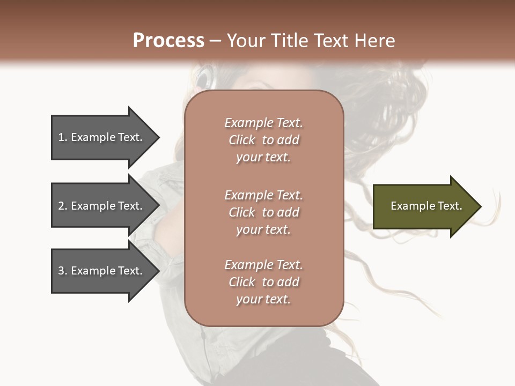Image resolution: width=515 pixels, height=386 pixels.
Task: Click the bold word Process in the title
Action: pos(168,41)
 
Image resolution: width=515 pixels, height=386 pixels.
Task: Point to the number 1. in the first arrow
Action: pos(63,137)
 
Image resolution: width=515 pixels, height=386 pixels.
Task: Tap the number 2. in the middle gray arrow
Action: pos(63,206)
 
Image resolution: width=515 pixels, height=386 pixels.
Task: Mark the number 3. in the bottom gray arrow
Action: pos(63,271)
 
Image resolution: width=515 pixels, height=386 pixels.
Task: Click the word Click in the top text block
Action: pos(242,140)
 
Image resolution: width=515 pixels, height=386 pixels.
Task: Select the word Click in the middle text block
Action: pos(242,212)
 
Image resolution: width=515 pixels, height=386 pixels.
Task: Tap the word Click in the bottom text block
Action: pos(242,282)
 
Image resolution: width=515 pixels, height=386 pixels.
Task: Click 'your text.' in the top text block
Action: pos(263,158)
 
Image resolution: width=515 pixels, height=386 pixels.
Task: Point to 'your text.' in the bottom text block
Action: pos(263,300)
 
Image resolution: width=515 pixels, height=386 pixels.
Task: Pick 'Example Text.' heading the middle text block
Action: pos(263,195)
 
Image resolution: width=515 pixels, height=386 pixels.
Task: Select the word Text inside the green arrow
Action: pos(450,206)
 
